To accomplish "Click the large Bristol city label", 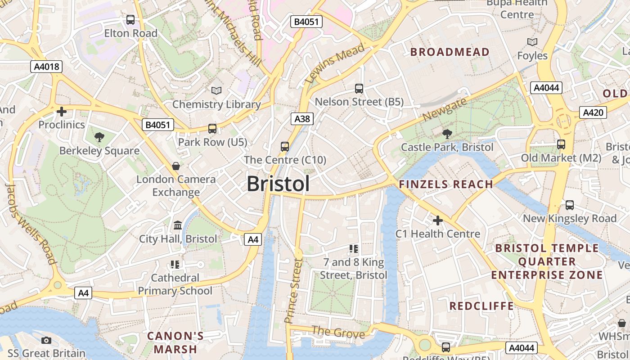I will coord(278,184).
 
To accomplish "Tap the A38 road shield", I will coord(302,119).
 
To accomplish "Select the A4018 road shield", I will coord(47,67).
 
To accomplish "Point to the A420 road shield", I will coord(593,112).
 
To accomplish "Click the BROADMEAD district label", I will coord(450,52).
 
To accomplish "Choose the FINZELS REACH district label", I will coord(446,184).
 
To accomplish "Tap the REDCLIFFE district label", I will coord(481,306).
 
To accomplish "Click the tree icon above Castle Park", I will coord(447,134).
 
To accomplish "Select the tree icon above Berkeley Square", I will coord(99,137).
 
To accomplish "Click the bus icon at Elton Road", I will coord(130,20).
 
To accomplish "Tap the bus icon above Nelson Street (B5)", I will coord(359,89).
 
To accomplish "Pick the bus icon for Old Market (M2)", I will coord(561,144).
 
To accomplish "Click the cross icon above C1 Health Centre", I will coord(437,220).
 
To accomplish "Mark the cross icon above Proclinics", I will coord(62,111).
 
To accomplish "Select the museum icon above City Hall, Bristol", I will coord(178,225).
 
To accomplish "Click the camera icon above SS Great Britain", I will coord(46,340).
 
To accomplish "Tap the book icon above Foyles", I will coord(532,42).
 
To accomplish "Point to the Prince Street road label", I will coord(293,291).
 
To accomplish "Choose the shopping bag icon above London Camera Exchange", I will coord(176,166).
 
